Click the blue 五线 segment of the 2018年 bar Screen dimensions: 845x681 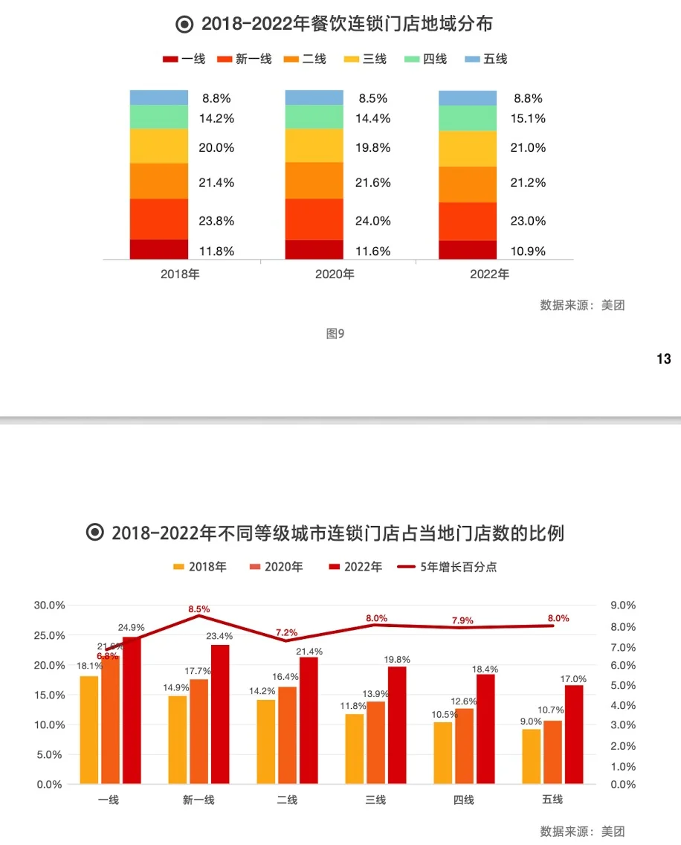(x=158, y=97)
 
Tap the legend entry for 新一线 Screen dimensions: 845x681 (x=245, y=60)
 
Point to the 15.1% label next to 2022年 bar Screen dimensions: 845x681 (x=529, y=118)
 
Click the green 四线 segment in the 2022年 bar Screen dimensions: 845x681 (x=467, y=118)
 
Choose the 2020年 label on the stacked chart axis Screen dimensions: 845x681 (x=335, y=274)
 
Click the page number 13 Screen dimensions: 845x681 (x=664, y=359)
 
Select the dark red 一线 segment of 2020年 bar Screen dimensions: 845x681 (x=314, y=249)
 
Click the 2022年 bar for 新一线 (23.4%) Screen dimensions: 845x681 (x=220, y=714)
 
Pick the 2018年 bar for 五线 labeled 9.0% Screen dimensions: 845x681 (x=531, y=756)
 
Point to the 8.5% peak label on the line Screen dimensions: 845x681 (x=199, y=609)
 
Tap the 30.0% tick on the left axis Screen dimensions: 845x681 (x=49, y=605)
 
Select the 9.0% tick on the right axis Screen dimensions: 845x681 (x=623, y=605)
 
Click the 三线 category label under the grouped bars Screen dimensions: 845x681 (x=375, y=800)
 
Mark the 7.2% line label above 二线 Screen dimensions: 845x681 (x=286, y=633)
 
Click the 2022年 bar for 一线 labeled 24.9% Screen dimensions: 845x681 (x=132, y=710)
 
